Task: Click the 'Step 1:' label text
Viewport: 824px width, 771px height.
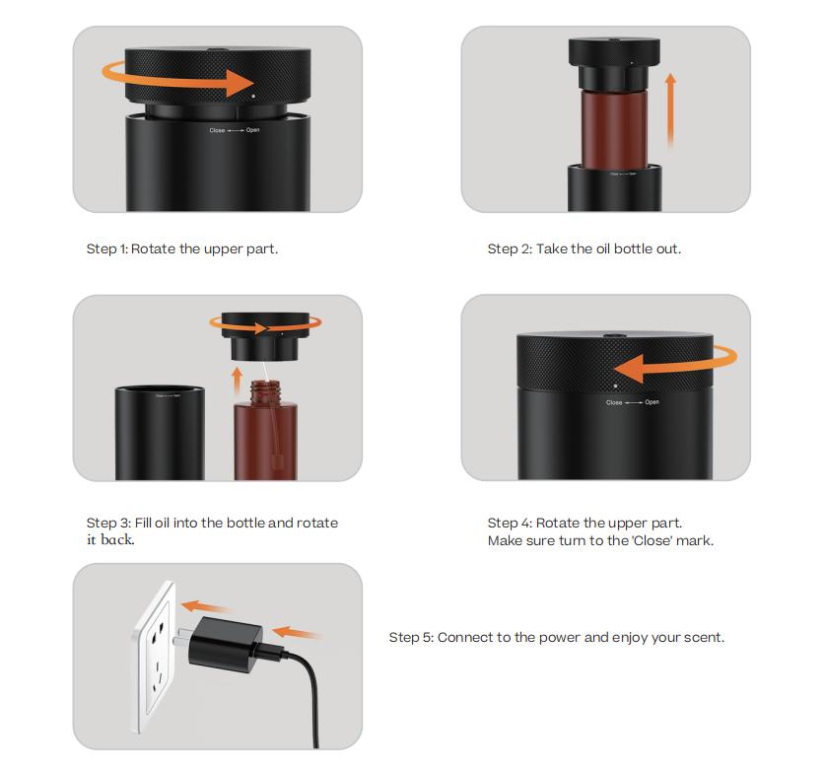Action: coord(106,248)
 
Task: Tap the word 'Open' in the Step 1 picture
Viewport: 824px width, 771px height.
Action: coord(252,130)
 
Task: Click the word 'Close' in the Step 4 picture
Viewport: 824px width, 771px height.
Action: coord(614,402)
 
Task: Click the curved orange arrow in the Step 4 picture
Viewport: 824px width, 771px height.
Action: coord(670,367)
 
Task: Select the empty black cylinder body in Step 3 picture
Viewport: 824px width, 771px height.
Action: coord(160,434)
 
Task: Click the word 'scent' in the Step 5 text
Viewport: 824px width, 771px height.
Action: coord(703,637)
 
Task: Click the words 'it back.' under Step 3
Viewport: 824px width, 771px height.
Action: coord(110,540)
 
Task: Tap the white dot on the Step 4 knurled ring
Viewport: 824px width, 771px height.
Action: coord(616,385)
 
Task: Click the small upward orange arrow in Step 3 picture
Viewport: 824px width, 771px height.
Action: coord(236,378)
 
